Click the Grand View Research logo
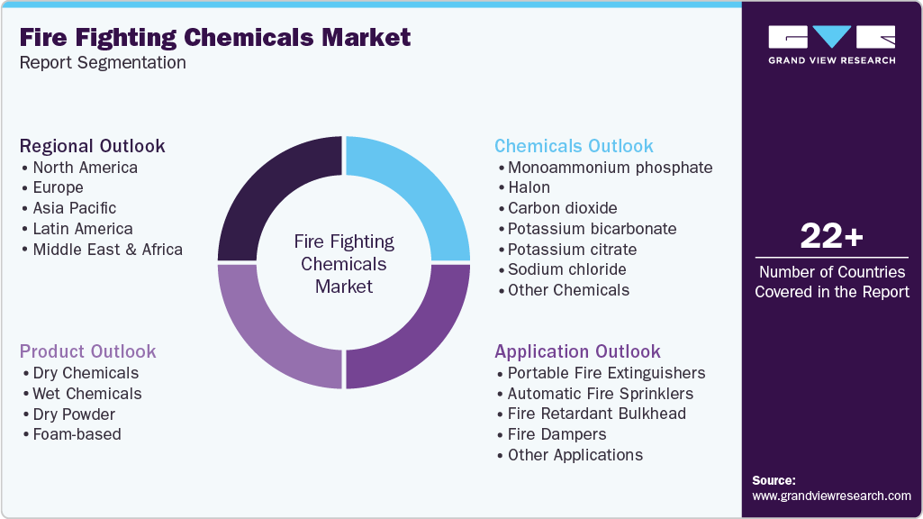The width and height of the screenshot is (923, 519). tap(831, 45)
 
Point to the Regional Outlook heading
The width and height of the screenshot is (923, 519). tap(93, 146)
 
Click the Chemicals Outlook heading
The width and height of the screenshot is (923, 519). tap(574, 146)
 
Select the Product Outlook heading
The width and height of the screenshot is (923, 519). tap(88, 351)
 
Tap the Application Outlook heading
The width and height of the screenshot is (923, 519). tap(577, 351)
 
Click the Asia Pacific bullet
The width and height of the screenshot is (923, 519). tap(74, 208)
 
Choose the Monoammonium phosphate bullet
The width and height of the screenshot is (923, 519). tap(610, 168)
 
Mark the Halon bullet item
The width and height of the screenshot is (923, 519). tap(529, 187)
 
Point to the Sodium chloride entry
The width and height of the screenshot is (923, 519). tap(566, 269)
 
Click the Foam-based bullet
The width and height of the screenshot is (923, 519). tap(77, 434)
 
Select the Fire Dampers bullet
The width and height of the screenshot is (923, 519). tap(557, 434)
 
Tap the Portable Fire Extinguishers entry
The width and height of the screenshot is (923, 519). tap(606, 373)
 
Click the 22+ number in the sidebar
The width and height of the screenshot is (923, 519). tap(831, 236)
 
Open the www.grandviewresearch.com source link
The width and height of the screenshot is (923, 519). tap(831, 496)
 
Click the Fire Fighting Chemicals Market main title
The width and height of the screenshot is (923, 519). tap(215, 37)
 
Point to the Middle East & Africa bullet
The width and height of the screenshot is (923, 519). tap(107, 250)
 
